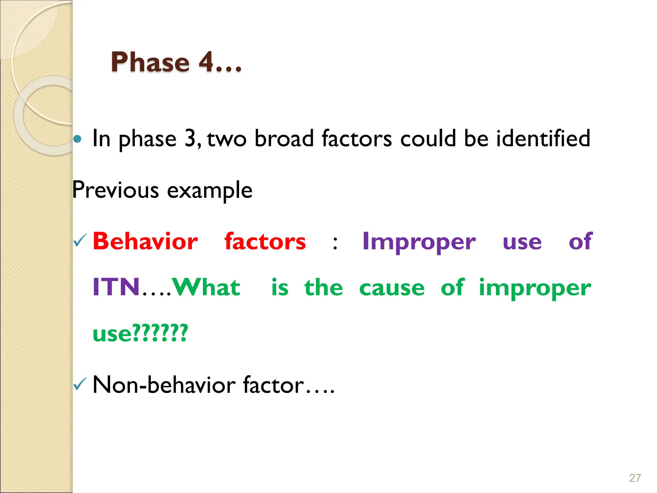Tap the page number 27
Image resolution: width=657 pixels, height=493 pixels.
pyautogui.click(x=635, y=478)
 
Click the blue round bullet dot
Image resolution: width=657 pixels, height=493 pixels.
pyautogui.click(x=77, y=139)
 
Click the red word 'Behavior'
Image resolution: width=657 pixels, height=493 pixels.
pyautogui.click(x=145, y=241)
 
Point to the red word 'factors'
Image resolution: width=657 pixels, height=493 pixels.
pyautogui.click(x=265, y=241)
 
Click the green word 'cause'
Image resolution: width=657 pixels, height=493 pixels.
pyautogui.click(x=392, y=288)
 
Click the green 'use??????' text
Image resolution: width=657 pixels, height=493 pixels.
pyautogui.click(x=140, y=333)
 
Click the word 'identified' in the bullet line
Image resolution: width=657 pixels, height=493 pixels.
pyautogui.click(x=543, y=138)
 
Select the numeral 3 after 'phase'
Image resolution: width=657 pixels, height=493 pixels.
pyautogui.click(x=190, y=138)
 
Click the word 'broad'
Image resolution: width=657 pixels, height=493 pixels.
pyautogui.click(x=284, y=138)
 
